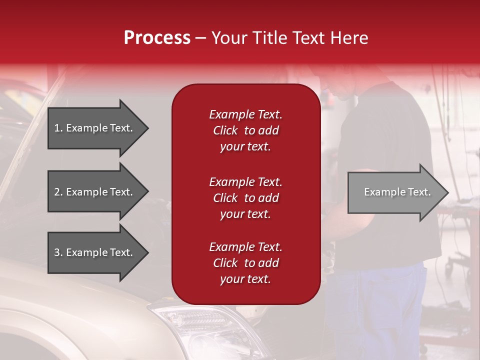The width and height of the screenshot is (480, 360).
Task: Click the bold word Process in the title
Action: [157, 38]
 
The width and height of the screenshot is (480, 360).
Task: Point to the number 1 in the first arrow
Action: [57, 128]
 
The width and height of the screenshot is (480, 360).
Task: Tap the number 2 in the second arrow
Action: [57, 192]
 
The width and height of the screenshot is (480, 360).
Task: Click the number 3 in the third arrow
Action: [57, 252]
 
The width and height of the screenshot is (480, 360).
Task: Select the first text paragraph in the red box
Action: [245, 130]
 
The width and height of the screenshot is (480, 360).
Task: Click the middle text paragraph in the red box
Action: [245, 198]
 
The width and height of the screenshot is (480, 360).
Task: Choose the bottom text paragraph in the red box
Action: [245, 263]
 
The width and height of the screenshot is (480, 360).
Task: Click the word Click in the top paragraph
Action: [225, 131]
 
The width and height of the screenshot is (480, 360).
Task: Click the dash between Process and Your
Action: [201, 38]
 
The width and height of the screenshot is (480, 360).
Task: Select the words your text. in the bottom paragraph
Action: [245, 279]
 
